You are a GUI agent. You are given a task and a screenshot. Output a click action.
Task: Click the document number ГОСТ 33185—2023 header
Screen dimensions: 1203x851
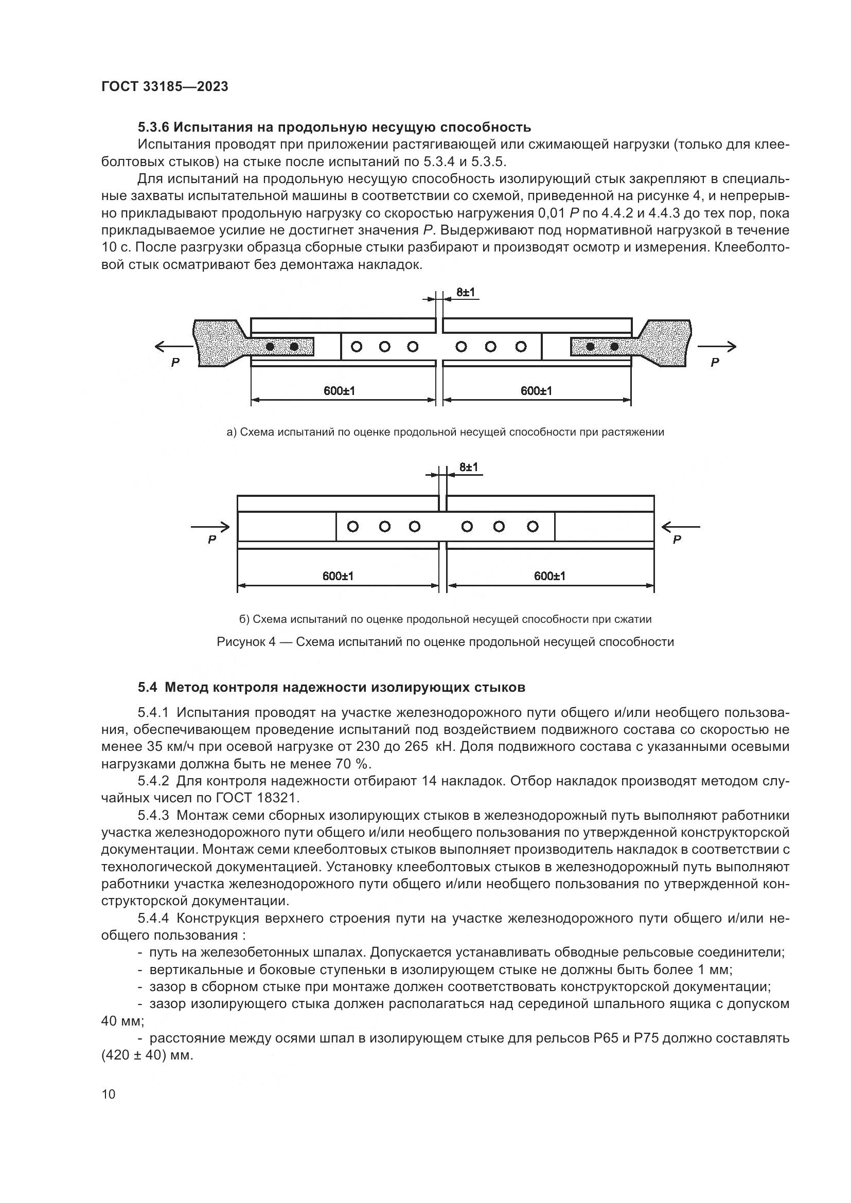165,87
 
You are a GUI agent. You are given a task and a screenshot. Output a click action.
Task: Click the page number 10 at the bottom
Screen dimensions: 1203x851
109,1094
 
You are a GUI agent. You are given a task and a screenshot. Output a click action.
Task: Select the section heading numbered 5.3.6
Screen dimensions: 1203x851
334,128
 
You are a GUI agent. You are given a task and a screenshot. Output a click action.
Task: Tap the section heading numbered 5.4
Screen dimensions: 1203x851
331,687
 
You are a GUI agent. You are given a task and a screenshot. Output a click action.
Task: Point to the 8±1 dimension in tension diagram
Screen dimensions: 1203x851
465,292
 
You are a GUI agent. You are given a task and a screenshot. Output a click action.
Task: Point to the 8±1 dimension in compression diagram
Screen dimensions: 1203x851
469,467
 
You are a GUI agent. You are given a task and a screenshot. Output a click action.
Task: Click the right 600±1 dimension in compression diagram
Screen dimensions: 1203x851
549,576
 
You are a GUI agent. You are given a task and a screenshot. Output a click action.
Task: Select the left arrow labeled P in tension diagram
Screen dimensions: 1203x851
173,347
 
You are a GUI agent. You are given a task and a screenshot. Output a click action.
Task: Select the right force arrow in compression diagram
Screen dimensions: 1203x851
680,527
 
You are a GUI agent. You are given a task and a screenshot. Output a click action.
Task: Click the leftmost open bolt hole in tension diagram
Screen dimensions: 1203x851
357,346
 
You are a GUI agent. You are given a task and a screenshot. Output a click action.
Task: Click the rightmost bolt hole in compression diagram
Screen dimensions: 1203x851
533,527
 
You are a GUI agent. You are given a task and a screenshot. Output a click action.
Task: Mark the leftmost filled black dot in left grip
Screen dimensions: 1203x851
271,347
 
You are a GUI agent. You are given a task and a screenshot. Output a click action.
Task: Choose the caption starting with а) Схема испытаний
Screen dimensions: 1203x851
445,432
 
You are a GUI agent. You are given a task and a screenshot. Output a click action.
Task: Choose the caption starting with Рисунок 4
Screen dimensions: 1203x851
445,642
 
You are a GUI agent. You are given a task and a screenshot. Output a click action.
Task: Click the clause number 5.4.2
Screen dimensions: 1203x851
153,781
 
